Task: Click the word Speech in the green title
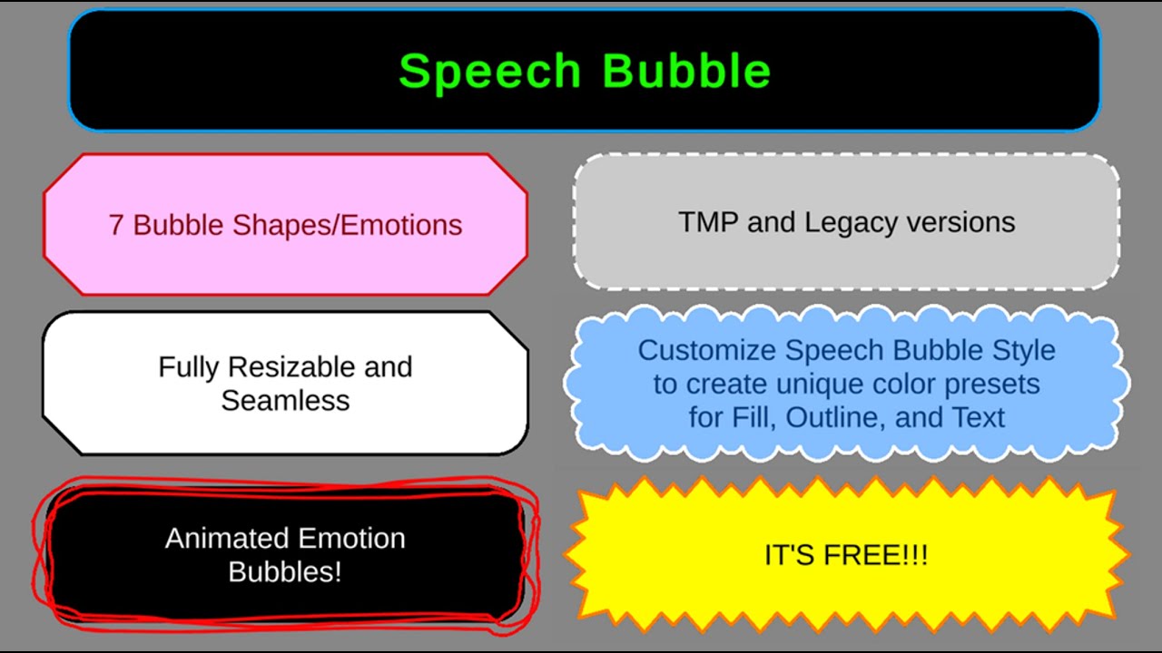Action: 489,72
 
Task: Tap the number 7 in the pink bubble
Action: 116,225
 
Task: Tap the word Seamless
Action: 285,400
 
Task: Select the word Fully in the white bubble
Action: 189,367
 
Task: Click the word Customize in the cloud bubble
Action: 707,350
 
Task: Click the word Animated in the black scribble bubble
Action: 222,539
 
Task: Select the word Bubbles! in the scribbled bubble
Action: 285,572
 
